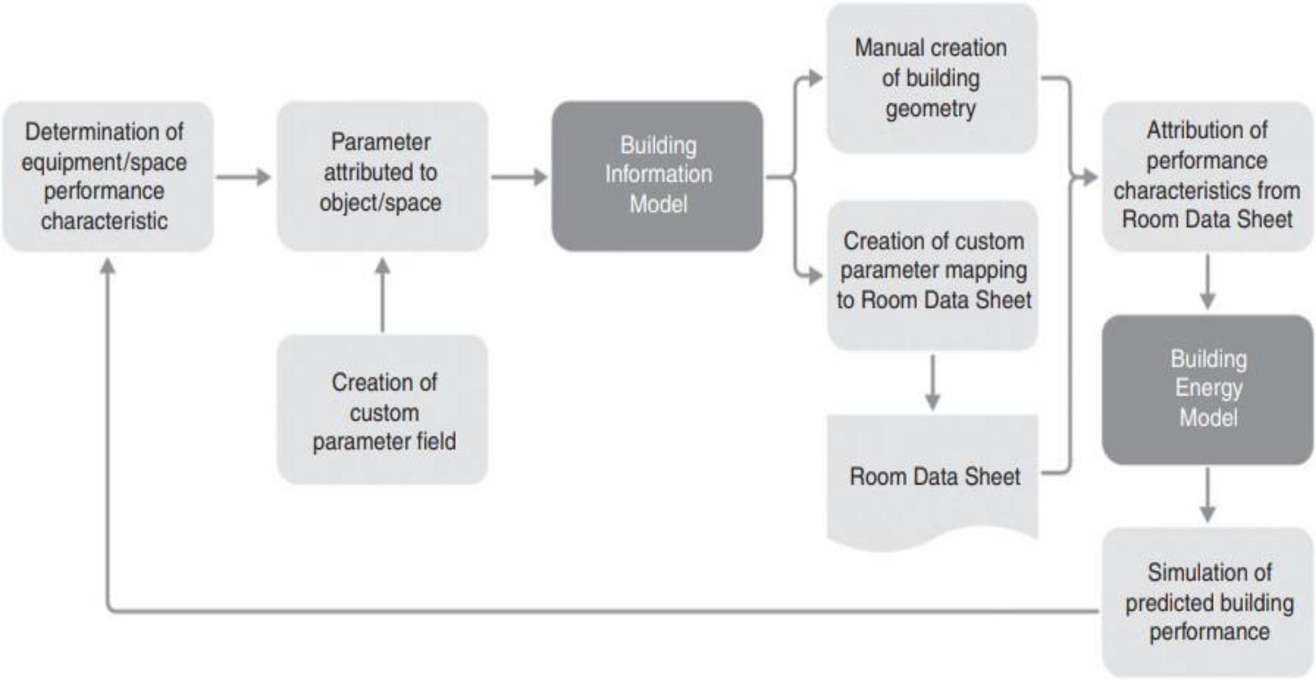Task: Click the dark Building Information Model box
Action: tap(657, 176)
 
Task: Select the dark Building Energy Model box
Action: tap(1207, 390)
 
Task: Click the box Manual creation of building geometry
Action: tap(931, 78)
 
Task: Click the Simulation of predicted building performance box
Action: tap(1207, 602)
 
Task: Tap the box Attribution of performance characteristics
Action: tap(1207, 176)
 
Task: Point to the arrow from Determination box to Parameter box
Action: tap(244, 177)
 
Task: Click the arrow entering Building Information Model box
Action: tap(519, 177)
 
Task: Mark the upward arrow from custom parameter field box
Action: tap(382, 295)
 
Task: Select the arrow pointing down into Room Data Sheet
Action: tap(933, 383)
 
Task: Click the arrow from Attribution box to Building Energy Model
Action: tap(1207, 282)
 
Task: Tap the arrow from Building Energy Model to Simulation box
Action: tap(1207, 496)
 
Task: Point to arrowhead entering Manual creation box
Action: tap(814, 78)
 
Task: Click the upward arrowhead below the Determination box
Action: tap(108, 267)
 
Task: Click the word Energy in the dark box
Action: tap(1208, 388)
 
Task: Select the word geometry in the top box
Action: tap(930, 109)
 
